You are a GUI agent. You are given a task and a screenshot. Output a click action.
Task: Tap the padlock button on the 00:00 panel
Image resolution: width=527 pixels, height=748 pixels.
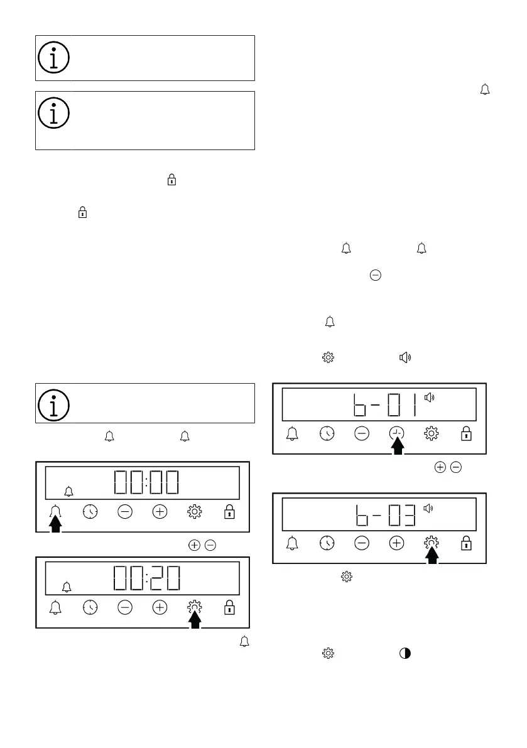pyautogui.click(x=230, y=512)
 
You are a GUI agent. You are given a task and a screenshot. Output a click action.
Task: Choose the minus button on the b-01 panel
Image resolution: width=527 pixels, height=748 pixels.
pyautogui.click(x=362, y=433)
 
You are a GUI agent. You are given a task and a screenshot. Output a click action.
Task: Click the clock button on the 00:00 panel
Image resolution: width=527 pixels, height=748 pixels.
pyautogui.click(x=90, y=512)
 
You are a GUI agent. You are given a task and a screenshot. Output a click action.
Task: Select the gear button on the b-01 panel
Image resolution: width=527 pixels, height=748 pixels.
pyautogui.click(x=432, y=433)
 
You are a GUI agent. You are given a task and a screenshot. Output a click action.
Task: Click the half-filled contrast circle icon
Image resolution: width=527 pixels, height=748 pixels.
pyautogui.click(x=405, y=653)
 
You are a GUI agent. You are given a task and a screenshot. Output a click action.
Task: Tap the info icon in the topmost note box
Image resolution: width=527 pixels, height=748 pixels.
pyautogui.click(x=54, y=58)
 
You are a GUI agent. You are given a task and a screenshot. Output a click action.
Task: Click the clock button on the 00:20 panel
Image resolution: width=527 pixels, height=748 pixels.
pyautogui.click(x=90, y=607)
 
